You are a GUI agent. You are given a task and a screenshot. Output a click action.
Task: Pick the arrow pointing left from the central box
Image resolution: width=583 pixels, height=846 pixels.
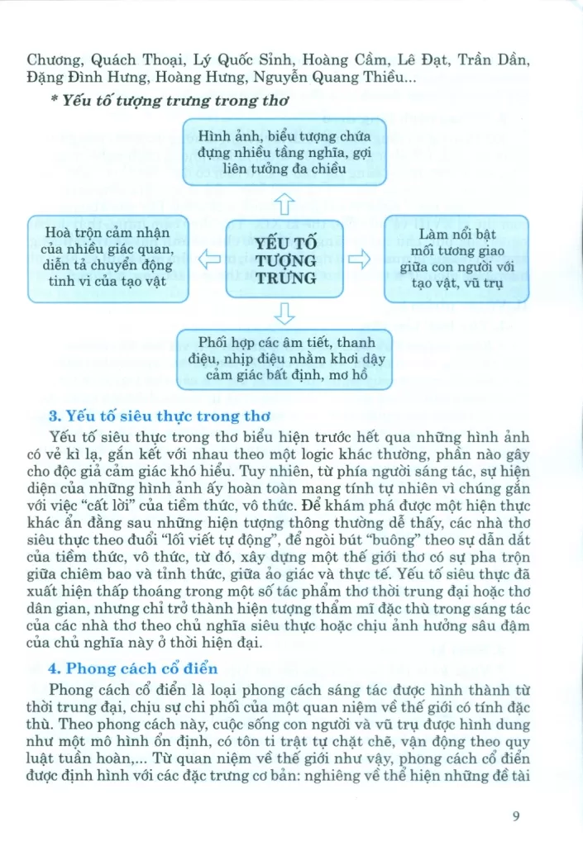(x=207, y=259)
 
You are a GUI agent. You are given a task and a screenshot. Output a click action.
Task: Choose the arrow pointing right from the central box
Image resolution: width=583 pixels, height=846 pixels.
(x=361, y=259)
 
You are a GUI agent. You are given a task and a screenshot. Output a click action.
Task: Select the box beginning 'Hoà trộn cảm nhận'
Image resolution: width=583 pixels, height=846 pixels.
(x=108, y=258)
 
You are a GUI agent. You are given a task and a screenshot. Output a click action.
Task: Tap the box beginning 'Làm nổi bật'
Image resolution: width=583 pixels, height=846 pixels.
(x=457, y=258)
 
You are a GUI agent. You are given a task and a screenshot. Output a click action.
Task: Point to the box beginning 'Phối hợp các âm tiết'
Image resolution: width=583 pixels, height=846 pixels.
(x=284, y=359)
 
